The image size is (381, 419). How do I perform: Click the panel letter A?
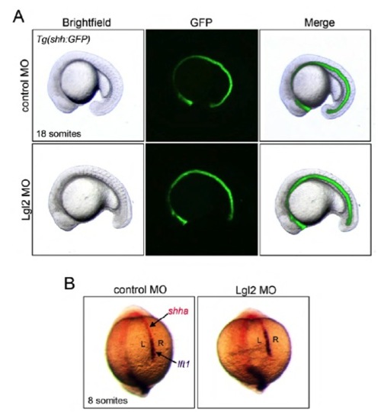(19, 17)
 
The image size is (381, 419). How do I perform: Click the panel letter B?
(69, 283)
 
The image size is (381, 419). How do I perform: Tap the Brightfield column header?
(86, 23)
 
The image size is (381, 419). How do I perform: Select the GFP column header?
(201, 23)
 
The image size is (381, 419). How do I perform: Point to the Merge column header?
(319, 23)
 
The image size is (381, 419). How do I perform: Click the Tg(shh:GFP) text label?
(63, 39)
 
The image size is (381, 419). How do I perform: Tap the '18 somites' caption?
(59, 134)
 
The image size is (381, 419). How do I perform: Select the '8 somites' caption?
(107, 401)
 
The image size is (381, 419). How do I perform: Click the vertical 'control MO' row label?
(25, 85)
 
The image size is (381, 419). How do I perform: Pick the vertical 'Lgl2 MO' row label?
(27, 200)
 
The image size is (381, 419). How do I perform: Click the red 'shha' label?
(178, 311)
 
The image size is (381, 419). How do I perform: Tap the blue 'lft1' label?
(184, 364)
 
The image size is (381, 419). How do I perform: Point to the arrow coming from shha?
(159, 319)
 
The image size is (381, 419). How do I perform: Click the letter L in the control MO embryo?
(143, 344)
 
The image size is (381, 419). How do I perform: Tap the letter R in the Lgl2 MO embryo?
(276, 340)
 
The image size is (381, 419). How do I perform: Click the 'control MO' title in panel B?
(140, 290)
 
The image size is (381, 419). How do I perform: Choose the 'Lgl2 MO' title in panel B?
(256, 290)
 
